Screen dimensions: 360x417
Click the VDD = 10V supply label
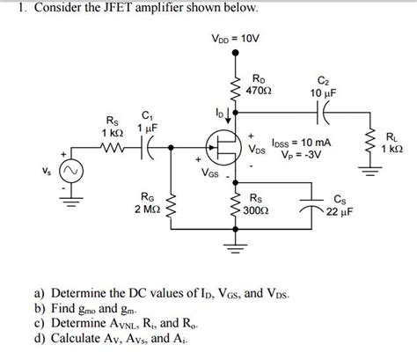pos(234,38)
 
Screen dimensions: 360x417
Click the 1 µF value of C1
pos(146,129)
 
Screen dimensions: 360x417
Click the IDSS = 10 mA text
pos(303,142)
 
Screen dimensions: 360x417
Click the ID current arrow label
pos(221,113)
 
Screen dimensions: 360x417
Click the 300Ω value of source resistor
pos(257,211)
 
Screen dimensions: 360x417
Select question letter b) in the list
pos(40,309)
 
